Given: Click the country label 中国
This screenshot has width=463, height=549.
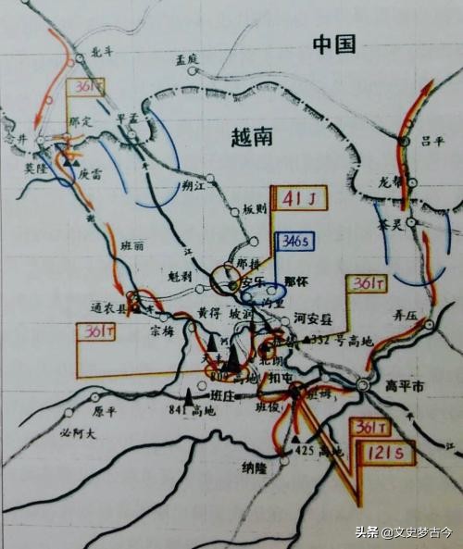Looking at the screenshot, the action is point(333,44).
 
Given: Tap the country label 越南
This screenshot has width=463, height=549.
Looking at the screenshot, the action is point(252,138).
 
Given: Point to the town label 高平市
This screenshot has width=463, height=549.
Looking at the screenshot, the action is point(403,386).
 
